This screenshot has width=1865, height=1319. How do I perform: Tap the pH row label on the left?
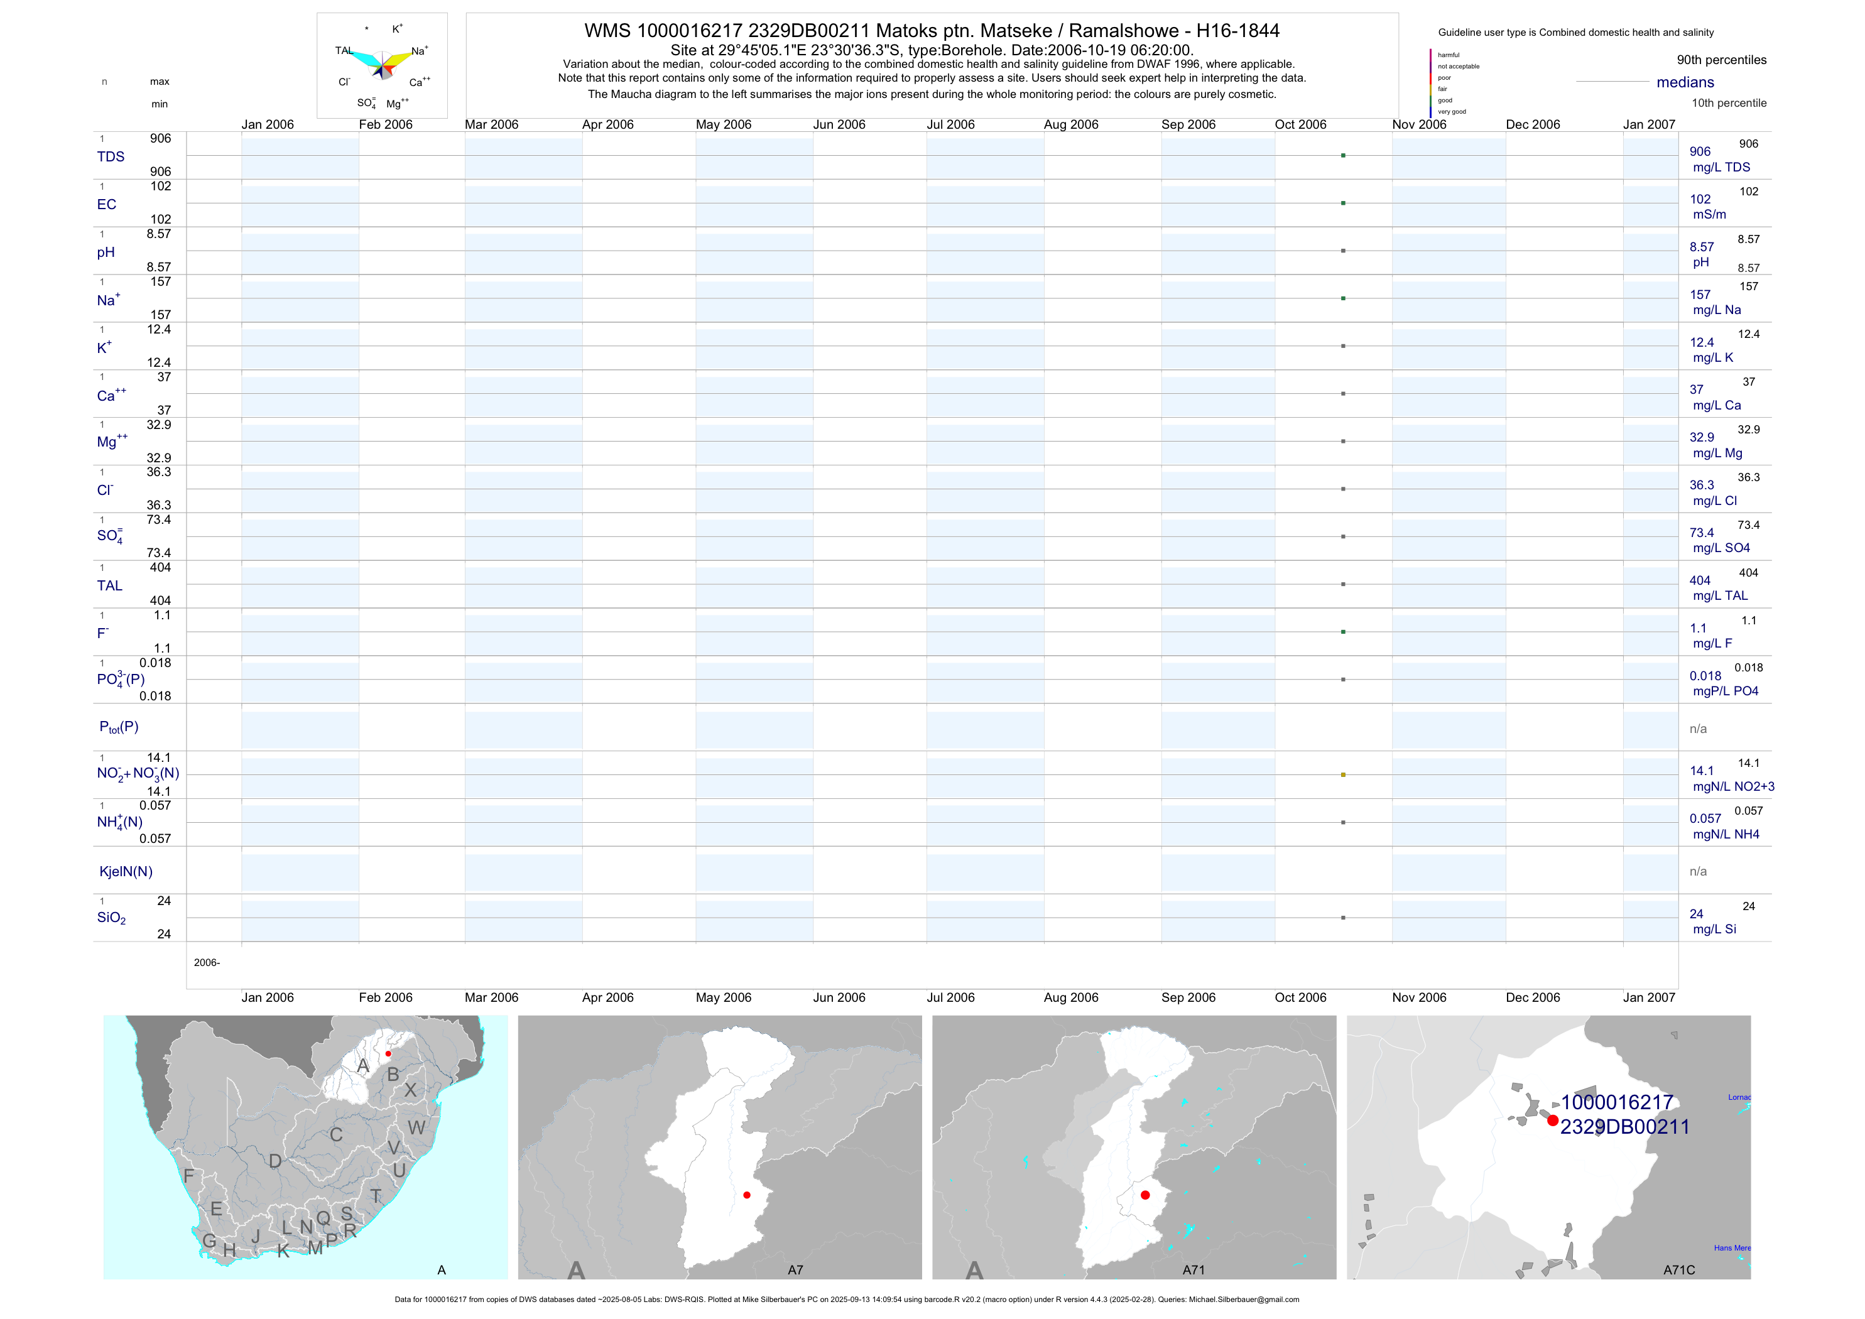106,252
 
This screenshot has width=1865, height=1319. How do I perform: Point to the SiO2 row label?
111,918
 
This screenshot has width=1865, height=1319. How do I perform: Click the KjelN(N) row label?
126,872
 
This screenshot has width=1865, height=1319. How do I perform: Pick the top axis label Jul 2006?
950,124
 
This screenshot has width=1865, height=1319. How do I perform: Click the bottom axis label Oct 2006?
1300,997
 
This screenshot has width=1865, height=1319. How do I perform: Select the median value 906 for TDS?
1699,152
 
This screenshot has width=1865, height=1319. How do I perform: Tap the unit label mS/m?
1709,214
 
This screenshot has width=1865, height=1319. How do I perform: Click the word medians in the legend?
1685,82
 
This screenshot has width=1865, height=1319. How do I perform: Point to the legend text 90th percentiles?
1721,60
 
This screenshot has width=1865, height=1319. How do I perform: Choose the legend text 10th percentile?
1729,103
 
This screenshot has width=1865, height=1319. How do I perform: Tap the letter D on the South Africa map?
275,1161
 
